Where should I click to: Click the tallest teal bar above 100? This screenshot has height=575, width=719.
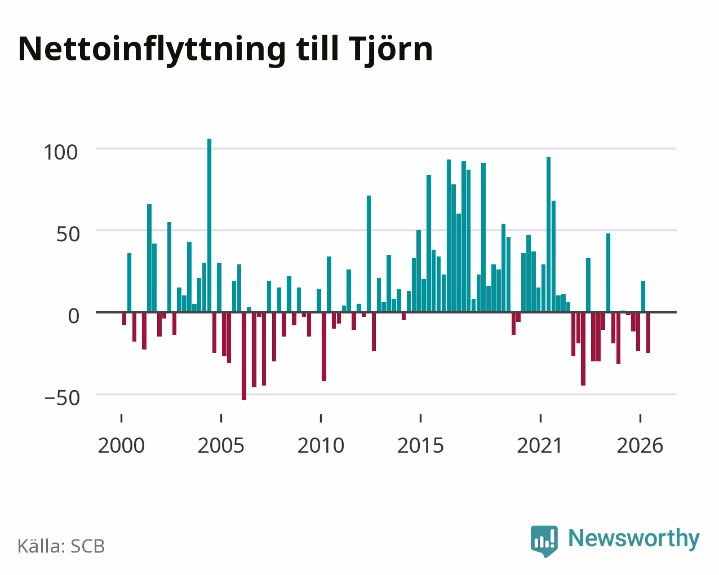click(x=209, y=225)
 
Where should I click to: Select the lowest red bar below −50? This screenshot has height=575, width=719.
click(x=244, y=356)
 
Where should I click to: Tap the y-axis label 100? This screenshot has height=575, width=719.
click(x=61, y=152)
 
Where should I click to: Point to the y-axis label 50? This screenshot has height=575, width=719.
click(x=68, y=235)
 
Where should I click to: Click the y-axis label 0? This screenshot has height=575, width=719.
click(x=74, y=316)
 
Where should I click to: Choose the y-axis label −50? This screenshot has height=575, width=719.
click(x=62, y=398)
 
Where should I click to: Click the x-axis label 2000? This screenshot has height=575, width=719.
click(x=121, y=445)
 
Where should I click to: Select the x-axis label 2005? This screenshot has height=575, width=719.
click(x=221, y=445)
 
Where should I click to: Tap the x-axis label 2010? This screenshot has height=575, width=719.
click(x=321, y=445)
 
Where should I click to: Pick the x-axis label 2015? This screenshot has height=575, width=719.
click(x=420, y=445)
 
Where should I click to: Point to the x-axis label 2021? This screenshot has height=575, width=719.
click(x=540, y=445)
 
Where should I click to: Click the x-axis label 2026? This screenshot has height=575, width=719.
click(x=640, y=445)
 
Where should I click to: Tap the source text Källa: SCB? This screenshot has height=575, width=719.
click(x=61, y=546)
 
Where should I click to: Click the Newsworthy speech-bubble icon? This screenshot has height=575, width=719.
click(x=544, y=541)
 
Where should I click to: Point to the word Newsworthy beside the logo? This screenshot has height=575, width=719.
click(x=634, y=539)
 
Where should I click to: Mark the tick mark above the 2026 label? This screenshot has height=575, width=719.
click(x=640, y=418)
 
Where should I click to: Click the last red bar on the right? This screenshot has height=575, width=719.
click(x=648, y=333)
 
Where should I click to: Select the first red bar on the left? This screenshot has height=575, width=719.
click(x=125, y=319)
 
